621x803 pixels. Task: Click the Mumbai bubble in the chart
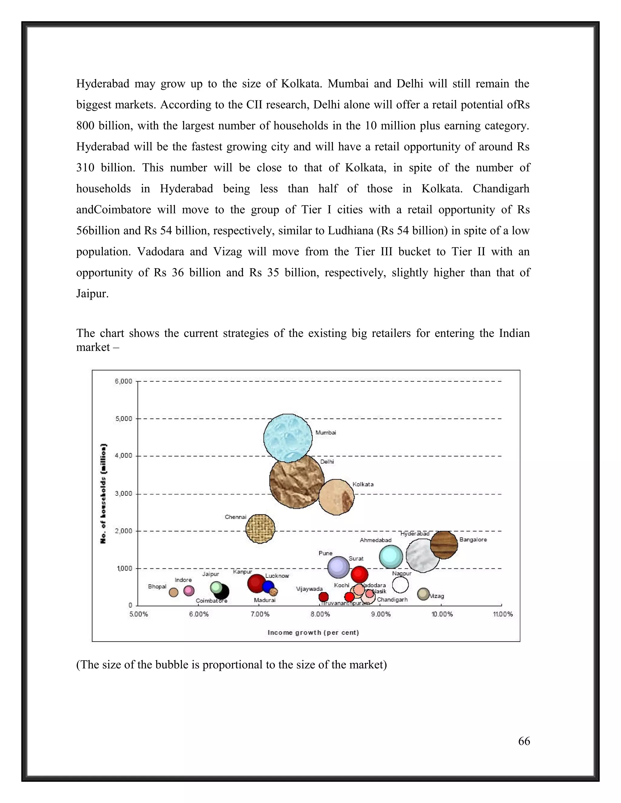[288, 438]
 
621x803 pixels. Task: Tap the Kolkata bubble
[336, 497]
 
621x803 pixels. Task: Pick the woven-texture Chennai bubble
[260, 529]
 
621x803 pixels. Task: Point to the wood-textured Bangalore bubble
[444, 545]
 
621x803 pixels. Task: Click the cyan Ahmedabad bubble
[391, 557]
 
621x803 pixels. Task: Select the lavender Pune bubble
[338, 567]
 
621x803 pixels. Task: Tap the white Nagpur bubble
[400, 585]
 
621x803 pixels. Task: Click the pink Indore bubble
[189, 591]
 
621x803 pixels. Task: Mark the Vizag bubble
[423, 593]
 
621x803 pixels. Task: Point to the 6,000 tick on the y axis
[124, 381]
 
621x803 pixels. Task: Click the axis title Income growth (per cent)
[313, 632]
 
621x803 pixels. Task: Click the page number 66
[524, 741]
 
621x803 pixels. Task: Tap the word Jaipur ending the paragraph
[92, 294]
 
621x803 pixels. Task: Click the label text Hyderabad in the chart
[415, 534]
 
